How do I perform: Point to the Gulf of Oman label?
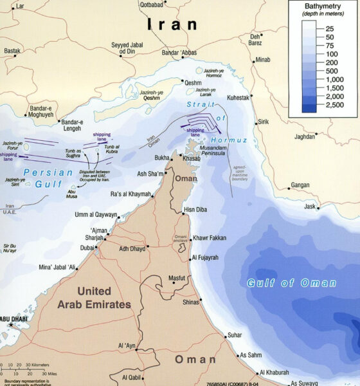[291, 283]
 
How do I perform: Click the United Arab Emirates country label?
[93, 298]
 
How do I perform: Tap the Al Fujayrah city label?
[210, 258]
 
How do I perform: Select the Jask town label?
[310, 207]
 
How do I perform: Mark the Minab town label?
[263, 60]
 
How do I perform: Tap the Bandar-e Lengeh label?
[71, 125]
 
